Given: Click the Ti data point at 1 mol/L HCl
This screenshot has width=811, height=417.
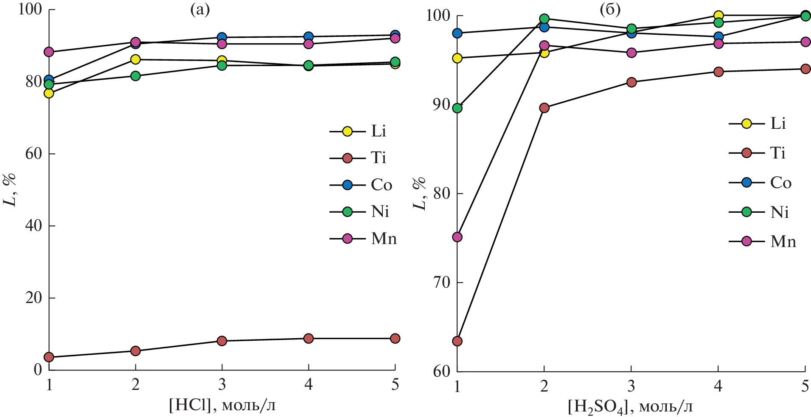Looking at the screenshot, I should point(49,357).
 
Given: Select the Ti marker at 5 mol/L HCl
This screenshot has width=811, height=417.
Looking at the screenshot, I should point(395,338).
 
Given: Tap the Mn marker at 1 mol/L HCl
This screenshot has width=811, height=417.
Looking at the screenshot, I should point(49,52).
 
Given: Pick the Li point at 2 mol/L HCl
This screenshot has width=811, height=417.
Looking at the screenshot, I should point(135,59).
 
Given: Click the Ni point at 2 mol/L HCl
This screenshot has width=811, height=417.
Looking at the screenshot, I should point(135,76).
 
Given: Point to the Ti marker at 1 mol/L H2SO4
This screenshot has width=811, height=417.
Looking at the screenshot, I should point(457,341).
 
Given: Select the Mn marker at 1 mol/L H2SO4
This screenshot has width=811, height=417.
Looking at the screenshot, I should point(457,237).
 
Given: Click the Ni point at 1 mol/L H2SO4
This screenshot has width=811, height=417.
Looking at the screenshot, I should point(457,108).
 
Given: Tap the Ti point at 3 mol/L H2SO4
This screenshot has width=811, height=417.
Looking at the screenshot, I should point(631,82).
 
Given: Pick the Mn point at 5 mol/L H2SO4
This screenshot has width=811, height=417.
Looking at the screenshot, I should point(805,42).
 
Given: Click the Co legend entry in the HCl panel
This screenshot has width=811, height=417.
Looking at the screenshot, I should point(361,185).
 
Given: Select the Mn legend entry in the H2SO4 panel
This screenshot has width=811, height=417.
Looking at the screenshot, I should point(762,242).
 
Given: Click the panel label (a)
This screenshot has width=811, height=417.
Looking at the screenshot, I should point(199,10).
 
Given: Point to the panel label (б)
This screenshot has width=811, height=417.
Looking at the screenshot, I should point(610,10).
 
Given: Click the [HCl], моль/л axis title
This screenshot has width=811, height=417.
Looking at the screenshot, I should point(222,405).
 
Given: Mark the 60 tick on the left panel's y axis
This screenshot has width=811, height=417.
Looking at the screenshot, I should point(34,153).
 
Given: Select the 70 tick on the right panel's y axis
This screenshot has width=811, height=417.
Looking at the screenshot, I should point(442,282).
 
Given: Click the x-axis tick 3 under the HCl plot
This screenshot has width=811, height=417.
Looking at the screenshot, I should point(222,385).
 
